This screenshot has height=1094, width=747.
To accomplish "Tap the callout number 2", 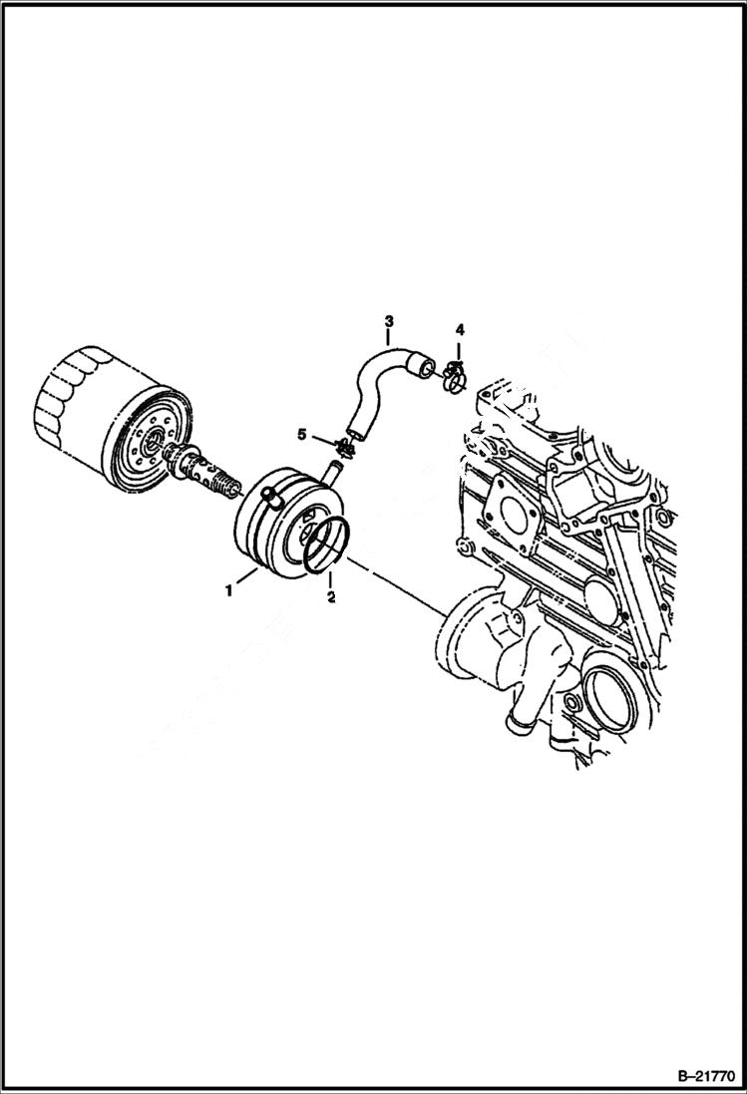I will (331, 598).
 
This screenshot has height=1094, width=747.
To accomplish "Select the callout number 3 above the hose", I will (389, 321).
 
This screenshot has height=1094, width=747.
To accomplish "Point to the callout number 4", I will (459, 329).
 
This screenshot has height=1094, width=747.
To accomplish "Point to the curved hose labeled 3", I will (374, 383).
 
